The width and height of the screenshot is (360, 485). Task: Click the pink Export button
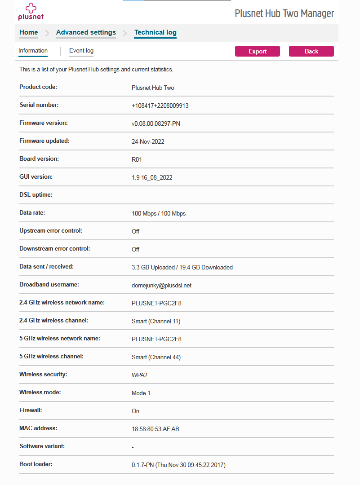click(257, 51)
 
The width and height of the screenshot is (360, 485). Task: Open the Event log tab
click(81, 51)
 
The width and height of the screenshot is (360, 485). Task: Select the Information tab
click(33, 51)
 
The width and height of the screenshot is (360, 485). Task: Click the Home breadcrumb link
click(29, 32)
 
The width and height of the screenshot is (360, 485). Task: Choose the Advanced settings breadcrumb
click(86, 32)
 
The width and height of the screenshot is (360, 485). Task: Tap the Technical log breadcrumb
click(156, 32)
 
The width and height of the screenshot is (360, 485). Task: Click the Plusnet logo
click(31, 12)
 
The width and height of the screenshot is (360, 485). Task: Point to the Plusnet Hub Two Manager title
click(284, 13)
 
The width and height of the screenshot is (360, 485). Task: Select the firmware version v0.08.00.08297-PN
click(156, 123)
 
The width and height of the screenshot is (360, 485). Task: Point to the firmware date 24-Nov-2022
click(148, 141)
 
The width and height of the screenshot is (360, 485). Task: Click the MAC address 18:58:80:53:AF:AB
click(156, 429)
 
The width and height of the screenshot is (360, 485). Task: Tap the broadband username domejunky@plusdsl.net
click(162, 285)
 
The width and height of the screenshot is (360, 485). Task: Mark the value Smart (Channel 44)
click(156, 357)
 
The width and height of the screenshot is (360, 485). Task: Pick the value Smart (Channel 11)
click(156, 321)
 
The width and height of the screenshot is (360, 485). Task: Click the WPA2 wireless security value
click(140, 375)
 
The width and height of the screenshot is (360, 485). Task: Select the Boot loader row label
click(36, 464)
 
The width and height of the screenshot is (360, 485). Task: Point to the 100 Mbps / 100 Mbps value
click(159, 213)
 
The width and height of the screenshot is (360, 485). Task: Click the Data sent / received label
click(46, 266)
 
